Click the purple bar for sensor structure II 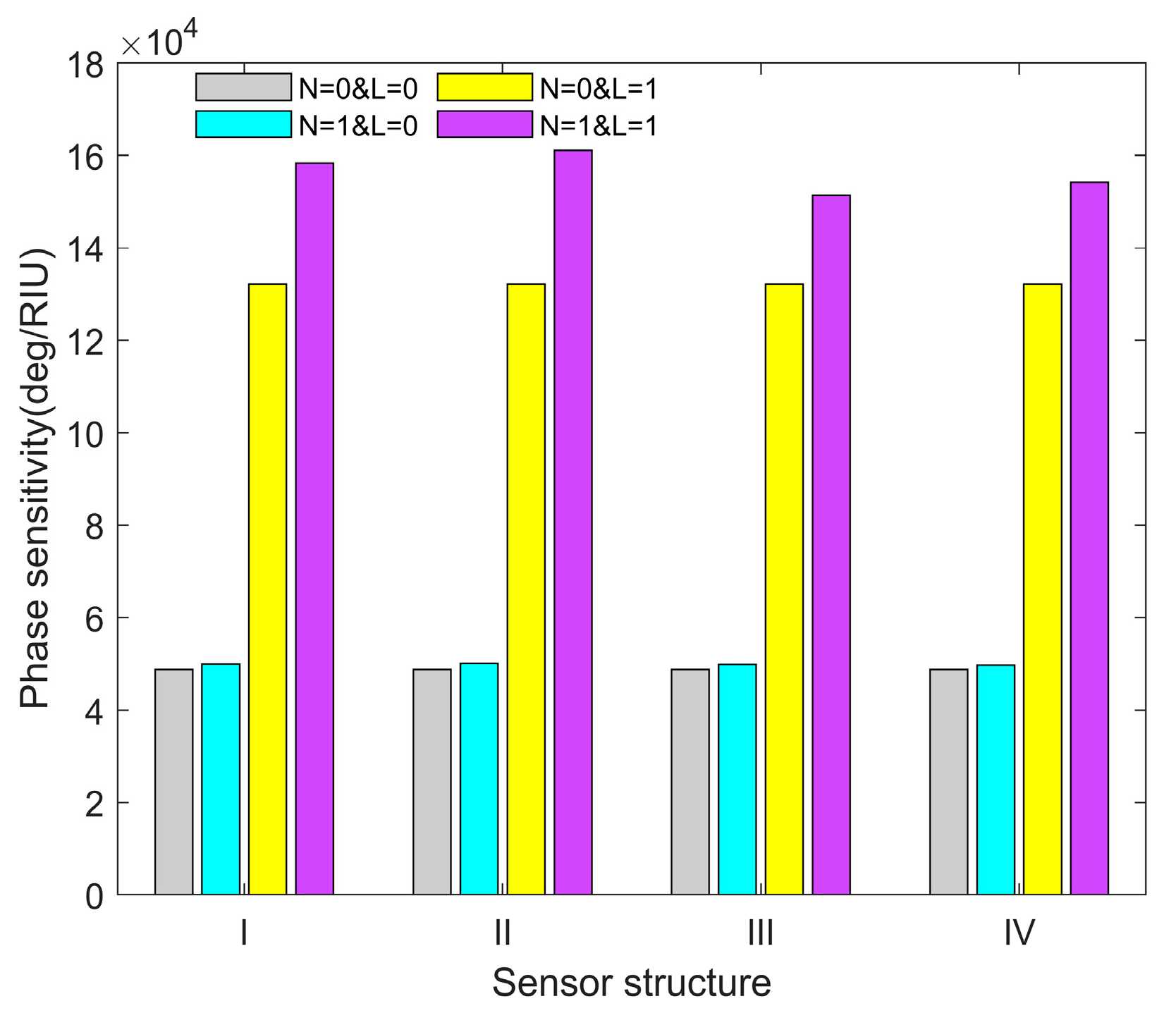point(572,522)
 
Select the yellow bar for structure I point(267,589)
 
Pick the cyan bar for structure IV point(995,779)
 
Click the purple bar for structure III point(831,544)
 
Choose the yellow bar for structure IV point(1043,589)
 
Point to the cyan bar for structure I point(221,779)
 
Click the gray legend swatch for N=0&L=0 point(243,87)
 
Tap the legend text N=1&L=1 point(599,126)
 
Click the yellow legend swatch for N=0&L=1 point(484,87)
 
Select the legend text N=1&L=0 point(358,126)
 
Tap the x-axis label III point(760,934)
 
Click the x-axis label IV point(1019,934)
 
